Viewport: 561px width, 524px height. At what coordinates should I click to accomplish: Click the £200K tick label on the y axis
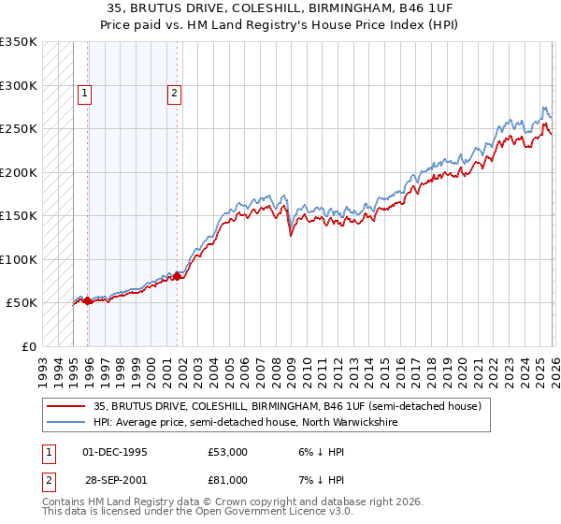point(18,172)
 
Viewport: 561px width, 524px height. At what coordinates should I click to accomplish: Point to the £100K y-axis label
point(18,259)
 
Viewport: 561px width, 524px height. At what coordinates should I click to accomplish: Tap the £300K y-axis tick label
point(18,85)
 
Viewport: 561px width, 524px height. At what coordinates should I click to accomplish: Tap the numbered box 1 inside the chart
point(85,92)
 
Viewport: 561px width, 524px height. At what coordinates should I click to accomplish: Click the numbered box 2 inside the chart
point(175,92)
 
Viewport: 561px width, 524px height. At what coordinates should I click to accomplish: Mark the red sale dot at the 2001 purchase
point(177,276)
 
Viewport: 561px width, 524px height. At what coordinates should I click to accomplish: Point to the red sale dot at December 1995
point(87,300)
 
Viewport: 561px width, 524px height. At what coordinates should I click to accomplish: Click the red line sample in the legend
point(66,407)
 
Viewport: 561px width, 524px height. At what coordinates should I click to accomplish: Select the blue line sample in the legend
point(66,422)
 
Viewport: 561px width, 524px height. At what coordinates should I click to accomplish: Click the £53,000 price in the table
point(228,452)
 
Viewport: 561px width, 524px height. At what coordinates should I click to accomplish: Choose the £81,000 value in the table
point(228,480)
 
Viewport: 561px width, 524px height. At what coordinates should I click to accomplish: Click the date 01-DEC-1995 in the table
point(115,452)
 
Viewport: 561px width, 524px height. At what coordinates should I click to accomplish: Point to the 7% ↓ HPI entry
point(319,480)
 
